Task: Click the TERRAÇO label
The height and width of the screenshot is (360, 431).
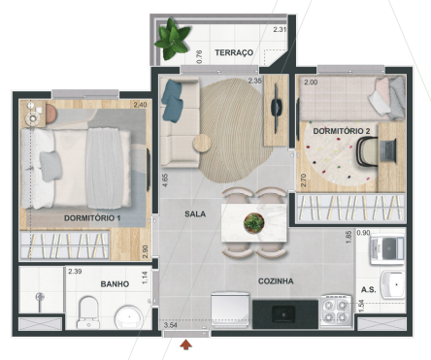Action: tap(234, 51)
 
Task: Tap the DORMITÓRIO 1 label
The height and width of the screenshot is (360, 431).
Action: tap(92, 218)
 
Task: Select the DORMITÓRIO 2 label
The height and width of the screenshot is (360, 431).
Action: tap(341, 129)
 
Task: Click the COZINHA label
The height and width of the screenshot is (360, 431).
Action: tap(275, 281)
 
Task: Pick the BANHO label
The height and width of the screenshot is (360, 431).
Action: tap(116, 284)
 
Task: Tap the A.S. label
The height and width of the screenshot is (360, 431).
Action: tap(369, 289)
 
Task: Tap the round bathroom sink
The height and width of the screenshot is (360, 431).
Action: tap(126, 316)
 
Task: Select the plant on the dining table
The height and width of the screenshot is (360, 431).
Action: tap(254, 221)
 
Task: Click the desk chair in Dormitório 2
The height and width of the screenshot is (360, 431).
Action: tap(369, 150)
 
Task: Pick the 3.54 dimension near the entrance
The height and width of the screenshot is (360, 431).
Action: tap(171, 325)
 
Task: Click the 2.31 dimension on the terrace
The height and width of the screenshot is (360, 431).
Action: tap(280, 30)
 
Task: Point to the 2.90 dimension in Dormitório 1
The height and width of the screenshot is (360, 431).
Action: tap(146, 251)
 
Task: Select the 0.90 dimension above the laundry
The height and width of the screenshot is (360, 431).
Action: tap(364, 233)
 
